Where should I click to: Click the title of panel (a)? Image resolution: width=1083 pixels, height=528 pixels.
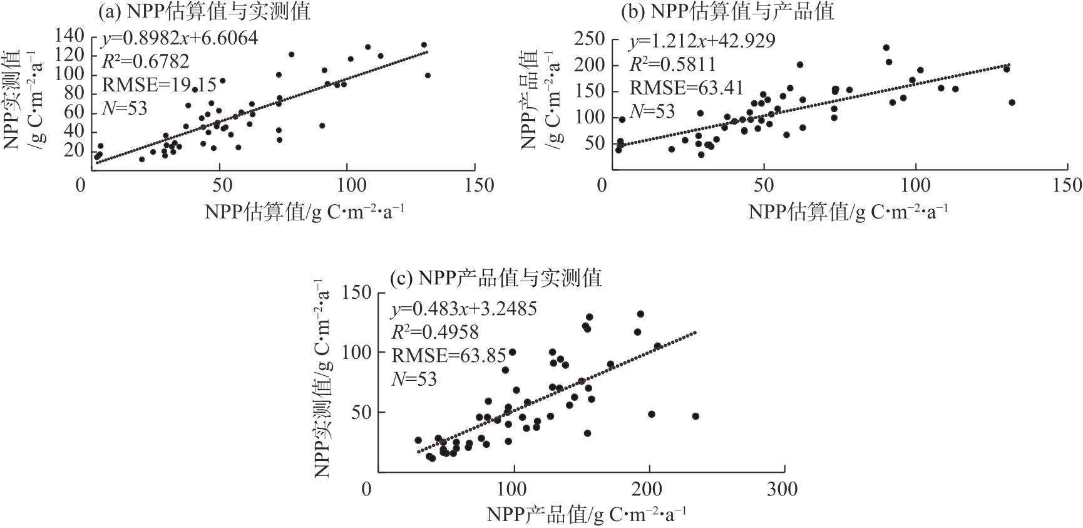(204, 11)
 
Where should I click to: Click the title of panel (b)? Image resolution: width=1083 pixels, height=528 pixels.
(727, 11)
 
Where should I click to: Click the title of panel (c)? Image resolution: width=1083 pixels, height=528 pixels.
(495, 277)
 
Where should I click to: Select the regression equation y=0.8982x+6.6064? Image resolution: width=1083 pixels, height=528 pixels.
(179, 39)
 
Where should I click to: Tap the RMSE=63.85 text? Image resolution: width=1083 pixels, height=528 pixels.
(449, 356)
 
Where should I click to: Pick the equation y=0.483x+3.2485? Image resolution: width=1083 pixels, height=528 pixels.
(464, 309)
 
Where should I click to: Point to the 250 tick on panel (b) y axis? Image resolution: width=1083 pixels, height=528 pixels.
(590, 39)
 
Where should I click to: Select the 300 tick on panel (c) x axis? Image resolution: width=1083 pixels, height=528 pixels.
(782, 489)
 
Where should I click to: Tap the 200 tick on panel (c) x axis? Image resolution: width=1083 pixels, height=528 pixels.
(649, 489)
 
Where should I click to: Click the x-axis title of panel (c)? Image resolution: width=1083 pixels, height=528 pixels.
(587, 514)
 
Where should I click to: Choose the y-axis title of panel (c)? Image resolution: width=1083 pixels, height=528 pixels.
(324, 378)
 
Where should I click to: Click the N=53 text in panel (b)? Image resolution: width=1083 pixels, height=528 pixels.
(652, 111)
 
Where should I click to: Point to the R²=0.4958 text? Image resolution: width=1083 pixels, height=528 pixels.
(435, 332)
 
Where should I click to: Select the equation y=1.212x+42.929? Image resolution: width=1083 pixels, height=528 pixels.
(702, 41)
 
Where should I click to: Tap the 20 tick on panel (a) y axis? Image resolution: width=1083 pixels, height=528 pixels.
(74, 150)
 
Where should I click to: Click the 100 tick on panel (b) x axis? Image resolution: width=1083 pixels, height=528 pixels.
(916, 185)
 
